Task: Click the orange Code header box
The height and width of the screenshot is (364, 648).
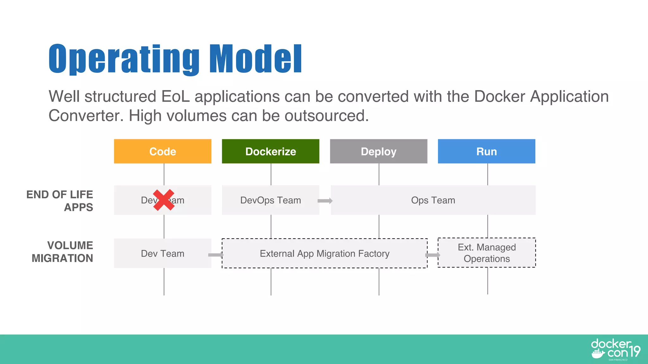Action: (x=163, y=151)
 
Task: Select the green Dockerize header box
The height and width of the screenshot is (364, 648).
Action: (x=271, y=151)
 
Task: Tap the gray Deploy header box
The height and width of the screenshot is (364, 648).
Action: (x=378, y=151)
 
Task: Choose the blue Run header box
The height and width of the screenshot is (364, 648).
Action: (x=486, y=151)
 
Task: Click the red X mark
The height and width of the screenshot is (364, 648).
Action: (x=164, y=200)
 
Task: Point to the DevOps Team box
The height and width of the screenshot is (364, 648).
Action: (x=271, y=200)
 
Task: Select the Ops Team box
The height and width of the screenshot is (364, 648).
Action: (x=433, y=200)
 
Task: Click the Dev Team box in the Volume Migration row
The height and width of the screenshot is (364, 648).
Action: (x=163, y=253)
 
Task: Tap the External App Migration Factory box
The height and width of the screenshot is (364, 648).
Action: (x=325, y=253)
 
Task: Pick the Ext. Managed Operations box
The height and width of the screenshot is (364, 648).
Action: (x=487, y=253)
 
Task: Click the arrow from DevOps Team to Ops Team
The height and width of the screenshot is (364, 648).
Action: (x=325, y=201)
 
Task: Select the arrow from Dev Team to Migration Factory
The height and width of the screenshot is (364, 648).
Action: (x=216, y=255)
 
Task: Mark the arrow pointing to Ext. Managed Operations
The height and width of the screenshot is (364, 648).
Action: (x=433, y=255)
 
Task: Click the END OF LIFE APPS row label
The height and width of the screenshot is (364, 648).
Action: (x=60, y=201)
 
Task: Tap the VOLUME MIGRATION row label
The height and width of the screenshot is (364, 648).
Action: (x=63, y=252)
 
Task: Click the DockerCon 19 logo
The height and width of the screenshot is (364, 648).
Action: (x=615, y=349)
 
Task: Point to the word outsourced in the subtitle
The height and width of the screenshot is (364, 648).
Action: (x=327, y=116)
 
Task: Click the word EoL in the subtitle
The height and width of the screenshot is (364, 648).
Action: (x=175, y=96)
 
